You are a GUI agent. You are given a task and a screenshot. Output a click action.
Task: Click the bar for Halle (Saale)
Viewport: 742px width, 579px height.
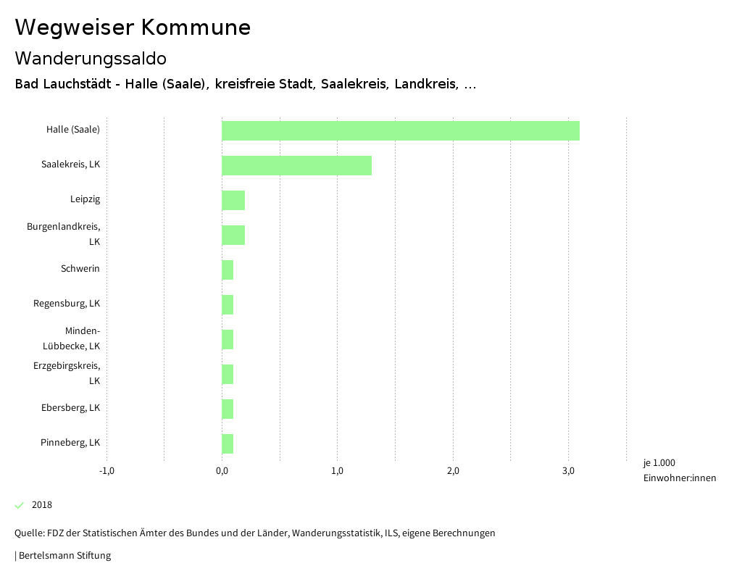(x=400, y=130)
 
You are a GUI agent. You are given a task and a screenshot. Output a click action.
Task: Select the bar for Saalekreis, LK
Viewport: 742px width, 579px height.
(x=296, y=165)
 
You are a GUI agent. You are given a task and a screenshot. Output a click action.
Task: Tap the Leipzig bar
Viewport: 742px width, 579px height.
(x=233, y=200)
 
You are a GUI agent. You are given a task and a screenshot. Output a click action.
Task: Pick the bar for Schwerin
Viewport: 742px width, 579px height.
(x=228, y=270)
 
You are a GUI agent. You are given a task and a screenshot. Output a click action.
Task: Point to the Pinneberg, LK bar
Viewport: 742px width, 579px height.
(x=228, y=443)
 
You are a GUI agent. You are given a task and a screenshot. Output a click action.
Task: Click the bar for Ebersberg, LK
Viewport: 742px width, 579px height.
(x=228, y=409)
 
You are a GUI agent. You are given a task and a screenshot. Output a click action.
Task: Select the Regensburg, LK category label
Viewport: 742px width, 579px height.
(x=67, y=303)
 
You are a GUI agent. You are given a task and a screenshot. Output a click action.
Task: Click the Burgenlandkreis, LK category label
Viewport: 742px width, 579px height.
(x=64, y=234)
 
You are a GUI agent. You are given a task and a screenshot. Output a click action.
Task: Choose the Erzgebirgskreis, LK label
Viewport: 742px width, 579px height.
(x=67, y=373)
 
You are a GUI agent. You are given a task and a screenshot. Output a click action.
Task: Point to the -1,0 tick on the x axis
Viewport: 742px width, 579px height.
(x=107, y=472)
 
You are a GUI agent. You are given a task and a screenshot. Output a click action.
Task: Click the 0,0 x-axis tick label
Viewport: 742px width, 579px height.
(x=222, y=472)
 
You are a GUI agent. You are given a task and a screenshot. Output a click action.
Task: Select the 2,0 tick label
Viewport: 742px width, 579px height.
(x=453, y=472)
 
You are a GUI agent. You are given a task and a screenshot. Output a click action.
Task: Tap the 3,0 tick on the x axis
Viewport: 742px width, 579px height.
(x=569, y=472)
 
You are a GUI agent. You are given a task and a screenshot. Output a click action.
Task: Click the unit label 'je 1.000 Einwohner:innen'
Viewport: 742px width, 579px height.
(x=679, y=470)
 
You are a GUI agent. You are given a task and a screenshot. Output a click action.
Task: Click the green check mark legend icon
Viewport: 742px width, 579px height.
(x=20, y=505)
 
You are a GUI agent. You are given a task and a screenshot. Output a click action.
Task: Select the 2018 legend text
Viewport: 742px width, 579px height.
(x=42, y=505)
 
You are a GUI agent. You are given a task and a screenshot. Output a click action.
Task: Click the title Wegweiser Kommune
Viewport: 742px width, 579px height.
(x=133, y=28)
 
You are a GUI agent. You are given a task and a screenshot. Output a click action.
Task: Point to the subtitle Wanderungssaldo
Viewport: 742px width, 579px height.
(x=91, y=58)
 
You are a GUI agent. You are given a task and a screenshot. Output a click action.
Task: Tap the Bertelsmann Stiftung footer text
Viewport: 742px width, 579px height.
(x=64, y=556)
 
